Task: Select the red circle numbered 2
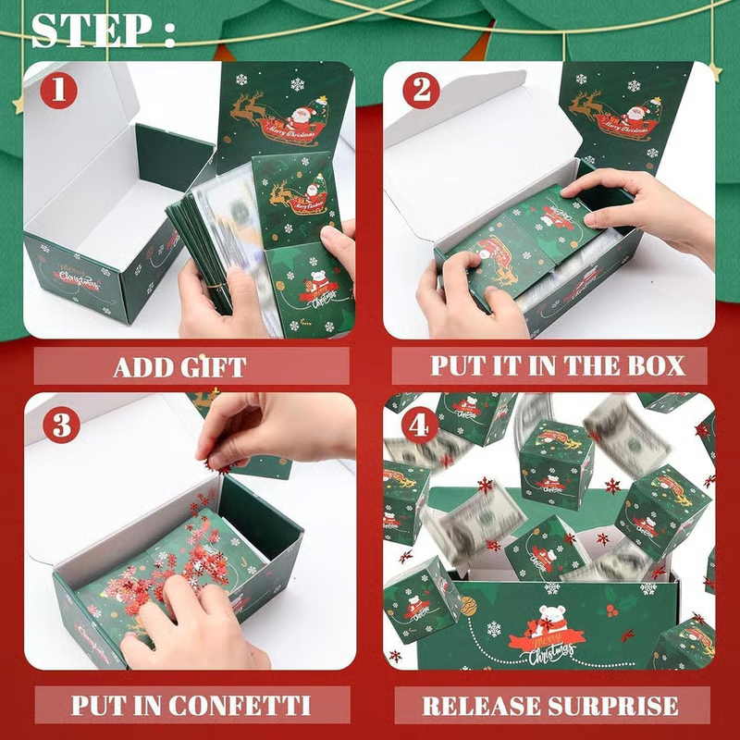421,92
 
